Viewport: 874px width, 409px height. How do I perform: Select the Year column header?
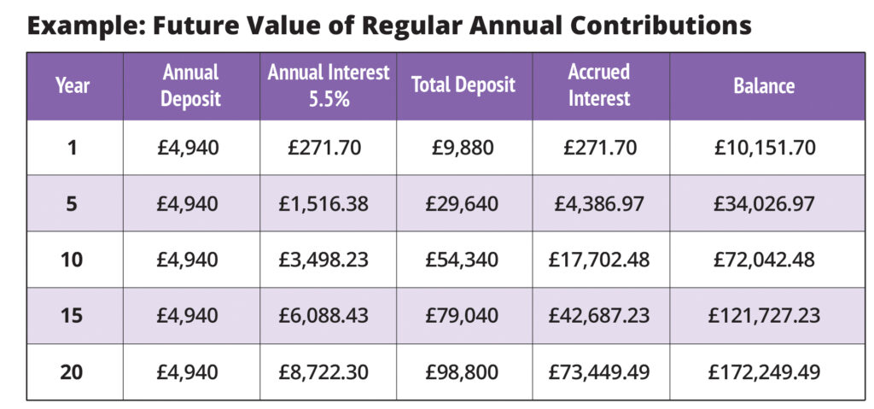(x=73, y=85)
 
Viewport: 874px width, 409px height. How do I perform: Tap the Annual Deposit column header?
(x=191, y=85)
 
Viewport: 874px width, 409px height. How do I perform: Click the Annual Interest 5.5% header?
(x=328, y=85)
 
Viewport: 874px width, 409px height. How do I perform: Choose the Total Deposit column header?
(x=463, y=85)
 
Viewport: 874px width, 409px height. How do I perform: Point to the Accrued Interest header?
(x=599, y=85)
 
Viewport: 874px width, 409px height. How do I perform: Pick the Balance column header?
(x=764, y=85)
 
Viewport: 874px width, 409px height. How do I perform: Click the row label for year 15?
(x=73, y=316)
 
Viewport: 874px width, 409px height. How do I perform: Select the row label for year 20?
(x=73, y=371)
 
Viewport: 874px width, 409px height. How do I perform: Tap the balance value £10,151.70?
(x=764, y=148)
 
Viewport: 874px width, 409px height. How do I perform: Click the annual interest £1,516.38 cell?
(x=328, y=204)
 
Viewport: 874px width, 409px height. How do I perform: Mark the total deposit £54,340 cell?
(x=463, y=260)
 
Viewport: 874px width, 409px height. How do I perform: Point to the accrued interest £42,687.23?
(x=599, y=316)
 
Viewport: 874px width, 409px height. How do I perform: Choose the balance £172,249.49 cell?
(x=764, y=371)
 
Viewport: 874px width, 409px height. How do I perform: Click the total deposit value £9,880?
(x=463, y=148)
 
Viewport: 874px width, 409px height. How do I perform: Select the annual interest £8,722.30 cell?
(x=328, y=371)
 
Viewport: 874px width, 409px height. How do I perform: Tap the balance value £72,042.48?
(x=764, y=260)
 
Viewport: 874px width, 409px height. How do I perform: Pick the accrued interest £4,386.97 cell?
(x=599, y=204)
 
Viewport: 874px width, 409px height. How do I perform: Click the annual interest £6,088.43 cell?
(x=328, y=316)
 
